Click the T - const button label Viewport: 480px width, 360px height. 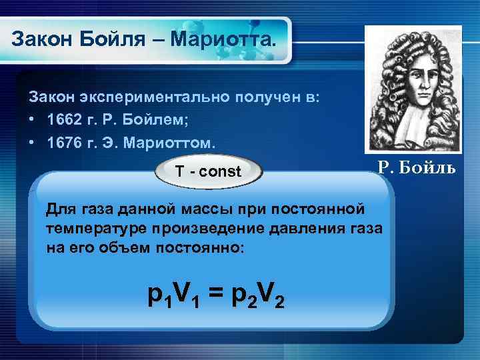[208, 171]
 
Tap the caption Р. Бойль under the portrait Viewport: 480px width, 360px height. [417, 167]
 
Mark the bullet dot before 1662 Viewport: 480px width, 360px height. [31, 121]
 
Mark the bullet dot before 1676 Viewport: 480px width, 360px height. [31, 143]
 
